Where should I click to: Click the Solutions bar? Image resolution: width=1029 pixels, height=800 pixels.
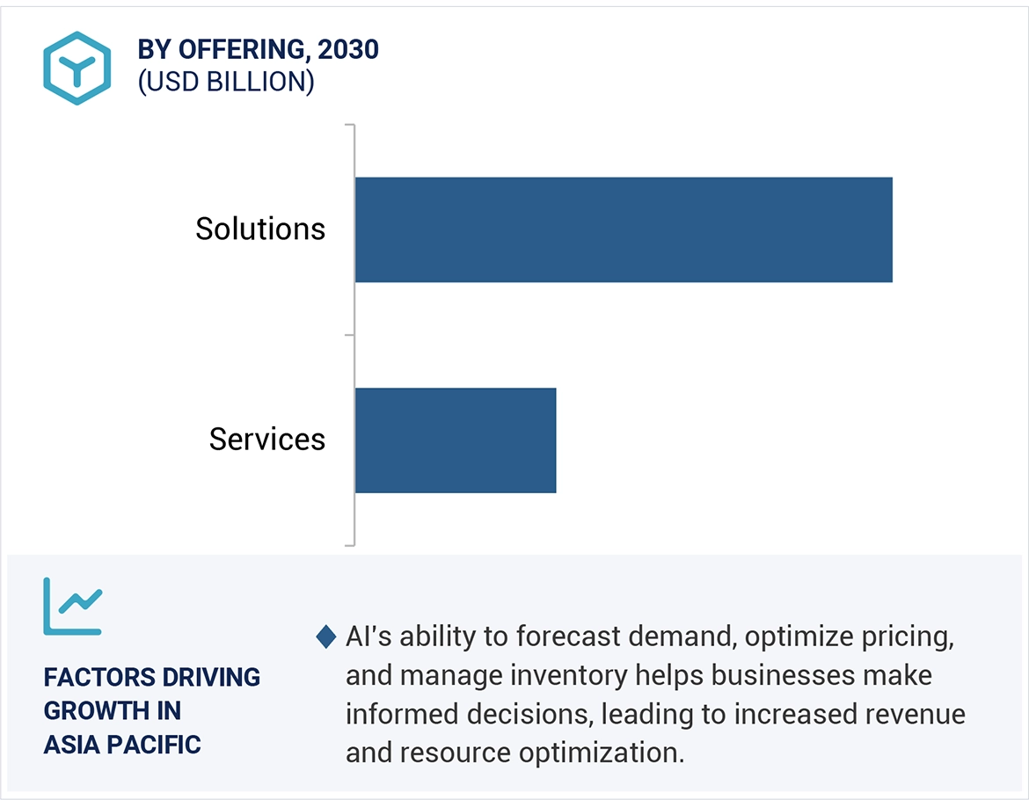pos(624,229)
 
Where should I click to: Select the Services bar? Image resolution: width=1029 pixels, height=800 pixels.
pos(456,440)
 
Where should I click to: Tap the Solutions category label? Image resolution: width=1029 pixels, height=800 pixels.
pos(260,229)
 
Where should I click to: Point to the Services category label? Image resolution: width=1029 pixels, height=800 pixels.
pos(267,440)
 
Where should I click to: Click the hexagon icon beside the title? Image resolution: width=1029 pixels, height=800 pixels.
pos(77,68)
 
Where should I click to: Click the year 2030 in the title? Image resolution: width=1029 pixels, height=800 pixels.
pos(348,50)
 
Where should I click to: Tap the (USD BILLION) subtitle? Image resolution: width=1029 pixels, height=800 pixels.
pos(226,82)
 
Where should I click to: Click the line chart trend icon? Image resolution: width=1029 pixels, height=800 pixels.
pos(73,607)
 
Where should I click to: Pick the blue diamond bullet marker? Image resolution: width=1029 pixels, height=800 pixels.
pos(325,636)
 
